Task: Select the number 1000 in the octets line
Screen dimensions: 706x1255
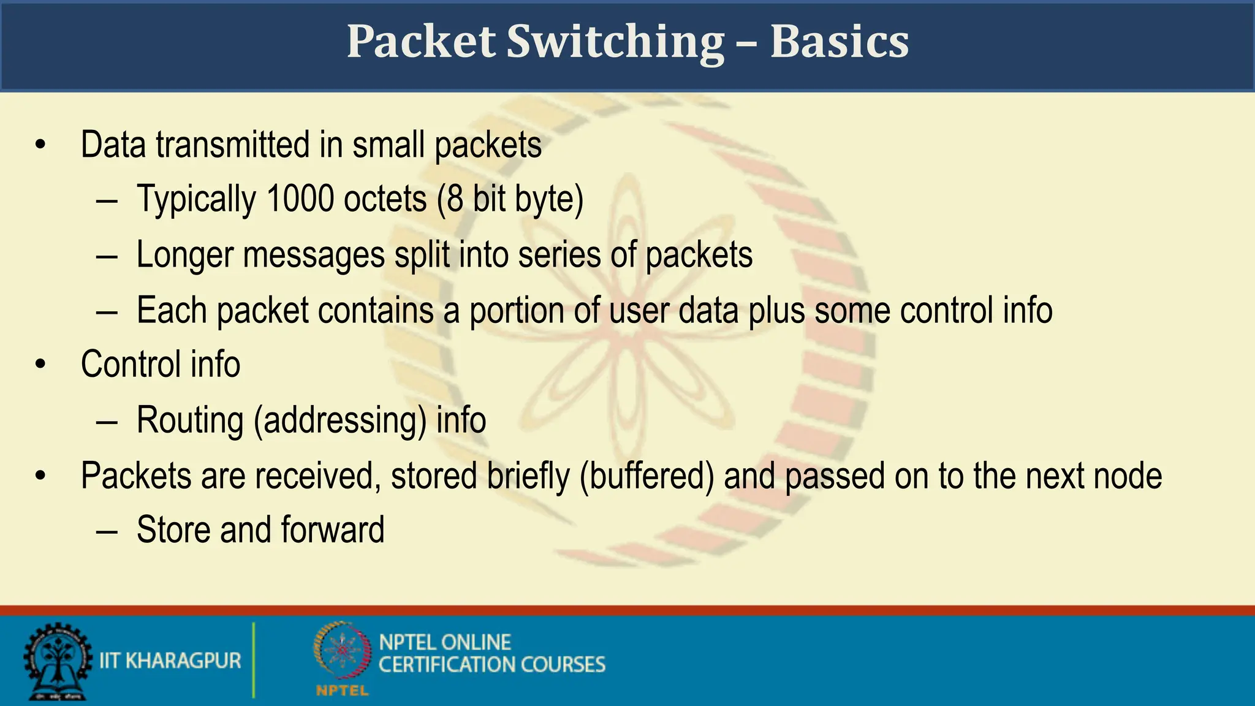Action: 300,199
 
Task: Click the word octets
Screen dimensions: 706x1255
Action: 385,199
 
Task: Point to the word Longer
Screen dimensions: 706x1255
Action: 184,254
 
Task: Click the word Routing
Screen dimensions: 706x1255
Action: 190,420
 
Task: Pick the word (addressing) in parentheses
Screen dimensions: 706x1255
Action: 340,420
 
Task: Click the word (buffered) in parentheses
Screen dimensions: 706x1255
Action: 647,476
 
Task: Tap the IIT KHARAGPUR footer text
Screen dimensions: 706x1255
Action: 170,661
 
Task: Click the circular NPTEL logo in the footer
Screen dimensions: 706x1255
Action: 343,651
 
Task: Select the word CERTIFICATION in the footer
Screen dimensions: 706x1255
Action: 438,665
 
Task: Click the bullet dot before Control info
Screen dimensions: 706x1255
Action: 40,365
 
